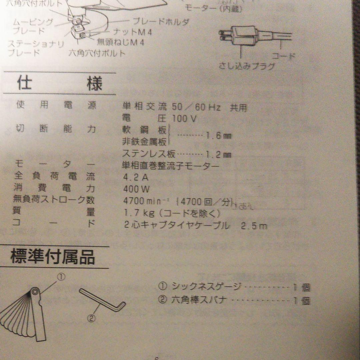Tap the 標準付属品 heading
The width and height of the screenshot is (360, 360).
pos(53,257)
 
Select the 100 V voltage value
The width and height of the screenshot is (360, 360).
pos(184,118)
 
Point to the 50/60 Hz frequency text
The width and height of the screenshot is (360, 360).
pos(195,107)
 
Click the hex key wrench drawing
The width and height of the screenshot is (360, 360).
pos(103,301)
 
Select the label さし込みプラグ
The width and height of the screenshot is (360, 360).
pos(247,66)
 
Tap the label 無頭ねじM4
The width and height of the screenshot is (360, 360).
pos(120,42)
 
